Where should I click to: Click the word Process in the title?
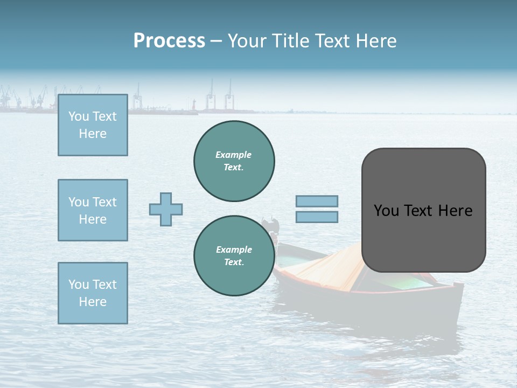point(169,41)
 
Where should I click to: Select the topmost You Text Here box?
point(93,125)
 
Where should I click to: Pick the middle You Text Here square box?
point(93,210)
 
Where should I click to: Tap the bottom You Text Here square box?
point(93,293)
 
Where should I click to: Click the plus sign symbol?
point(166,209)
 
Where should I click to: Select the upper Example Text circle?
point(234,161)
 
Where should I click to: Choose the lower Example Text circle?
point(234,256)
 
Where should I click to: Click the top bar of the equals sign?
point(317,201)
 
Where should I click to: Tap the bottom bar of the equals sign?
point(317,217)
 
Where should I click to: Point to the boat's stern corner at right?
point(458,286)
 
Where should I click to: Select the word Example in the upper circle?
point(234,155)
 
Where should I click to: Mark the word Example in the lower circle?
point(234,250)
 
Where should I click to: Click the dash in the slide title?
point(216,41)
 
